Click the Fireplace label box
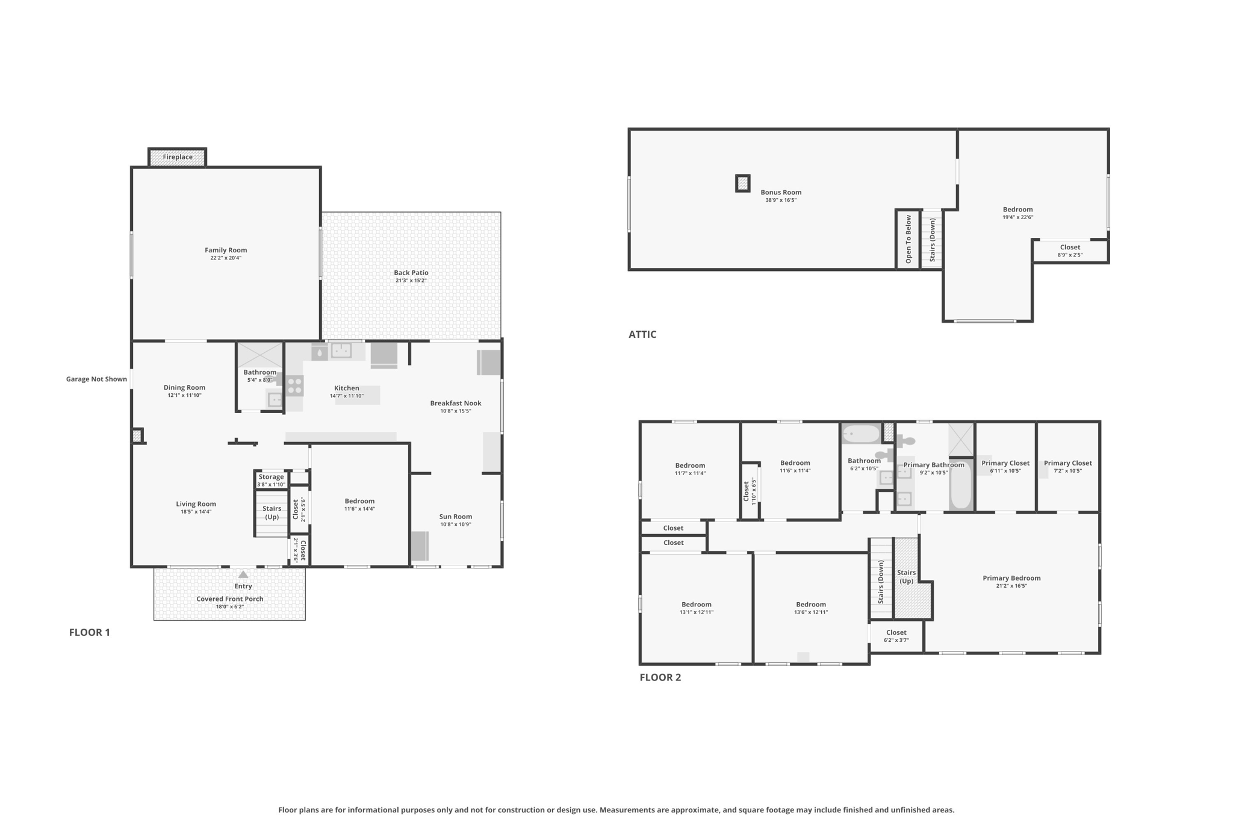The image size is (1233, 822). click(178, 157)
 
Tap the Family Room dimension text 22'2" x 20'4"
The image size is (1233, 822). click(226, 258)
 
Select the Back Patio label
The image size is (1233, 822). click(411, 273)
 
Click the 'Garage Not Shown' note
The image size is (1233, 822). click(96, 379)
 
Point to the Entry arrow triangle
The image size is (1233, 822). click(243, 574)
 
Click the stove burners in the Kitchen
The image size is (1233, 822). click(294, 385)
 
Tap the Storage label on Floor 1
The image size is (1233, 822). click(271, 477)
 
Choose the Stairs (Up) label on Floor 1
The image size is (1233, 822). click(272, 512)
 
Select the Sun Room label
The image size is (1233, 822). click(456, 517)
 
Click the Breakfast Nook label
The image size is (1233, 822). click(456, 403)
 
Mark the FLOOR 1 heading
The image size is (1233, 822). click(90, 632)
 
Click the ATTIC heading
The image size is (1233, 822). click(642, 334)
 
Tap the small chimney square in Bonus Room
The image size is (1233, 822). click(743, 183)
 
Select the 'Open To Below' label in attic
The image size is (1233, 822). click(908, 239)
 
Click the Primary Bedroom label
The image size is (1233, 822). click(1011, 578)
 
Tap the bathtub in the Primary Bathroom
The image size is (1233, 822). click(961, 485)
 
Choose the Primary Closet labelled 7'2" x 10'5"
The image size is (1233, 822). click(1067, 467)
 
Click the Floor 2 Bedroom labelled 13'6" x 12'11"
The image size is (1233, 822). click(811, 608)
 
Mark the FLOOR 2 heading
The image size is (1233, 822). click(660, 677)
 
